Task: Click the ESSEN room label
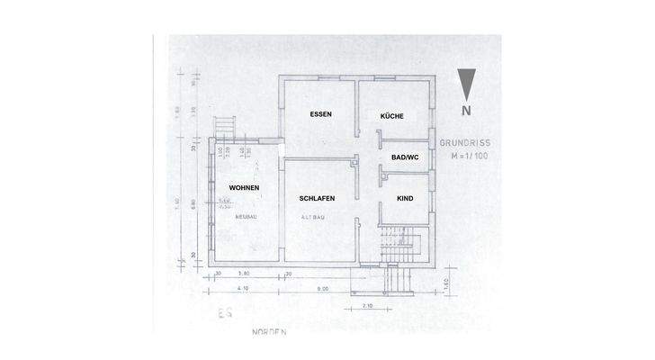(x=320, y=115)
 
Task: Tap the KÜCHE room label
(x=391, y=116)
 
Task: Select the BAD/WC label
(x=405, y=157)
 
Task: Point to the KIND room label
(x=405, y=196)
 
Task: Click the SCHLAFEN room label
(x=318, y=197)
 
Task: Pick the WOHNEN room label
(x=244, y=187)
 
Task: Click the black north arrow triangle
(x=466, y=85)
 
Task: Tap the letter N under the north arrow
(x=466, y=111)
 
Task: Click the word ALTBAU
(x=315, y=218)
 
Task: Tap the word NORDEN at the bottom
(x=268, y=331)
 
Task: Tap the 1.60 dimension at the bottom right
(x=445, y=286)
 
